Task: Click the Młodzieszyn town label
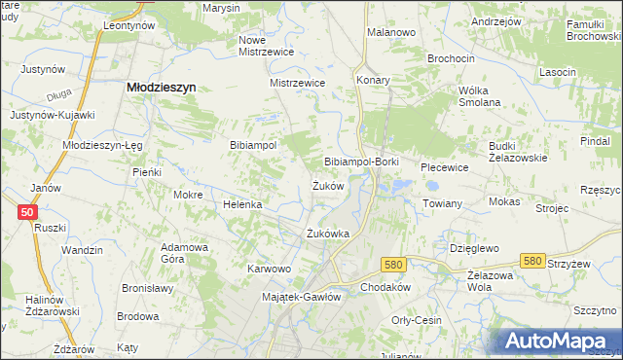click(x=163, y=87)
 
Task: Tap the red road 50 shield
click(x=27, y=212)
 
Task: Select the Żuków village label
click(x=328, y=186)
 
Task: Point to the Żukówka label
click(x=327, y=234)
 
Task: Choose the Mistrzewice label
click(x=297, y=84)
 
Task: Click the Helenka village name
click(x=243, y=205)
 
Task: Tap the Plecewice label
click(x=445, y=167)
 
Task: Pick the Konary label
click(x=373, y=80)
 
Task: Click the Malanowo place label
click(x=391, y=32)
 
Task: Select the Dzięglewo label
click(x=474, y=248)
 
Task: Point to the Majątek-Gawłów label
click(x=302, y=297)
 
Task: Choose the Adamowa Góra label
click(x=185, y=253)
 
